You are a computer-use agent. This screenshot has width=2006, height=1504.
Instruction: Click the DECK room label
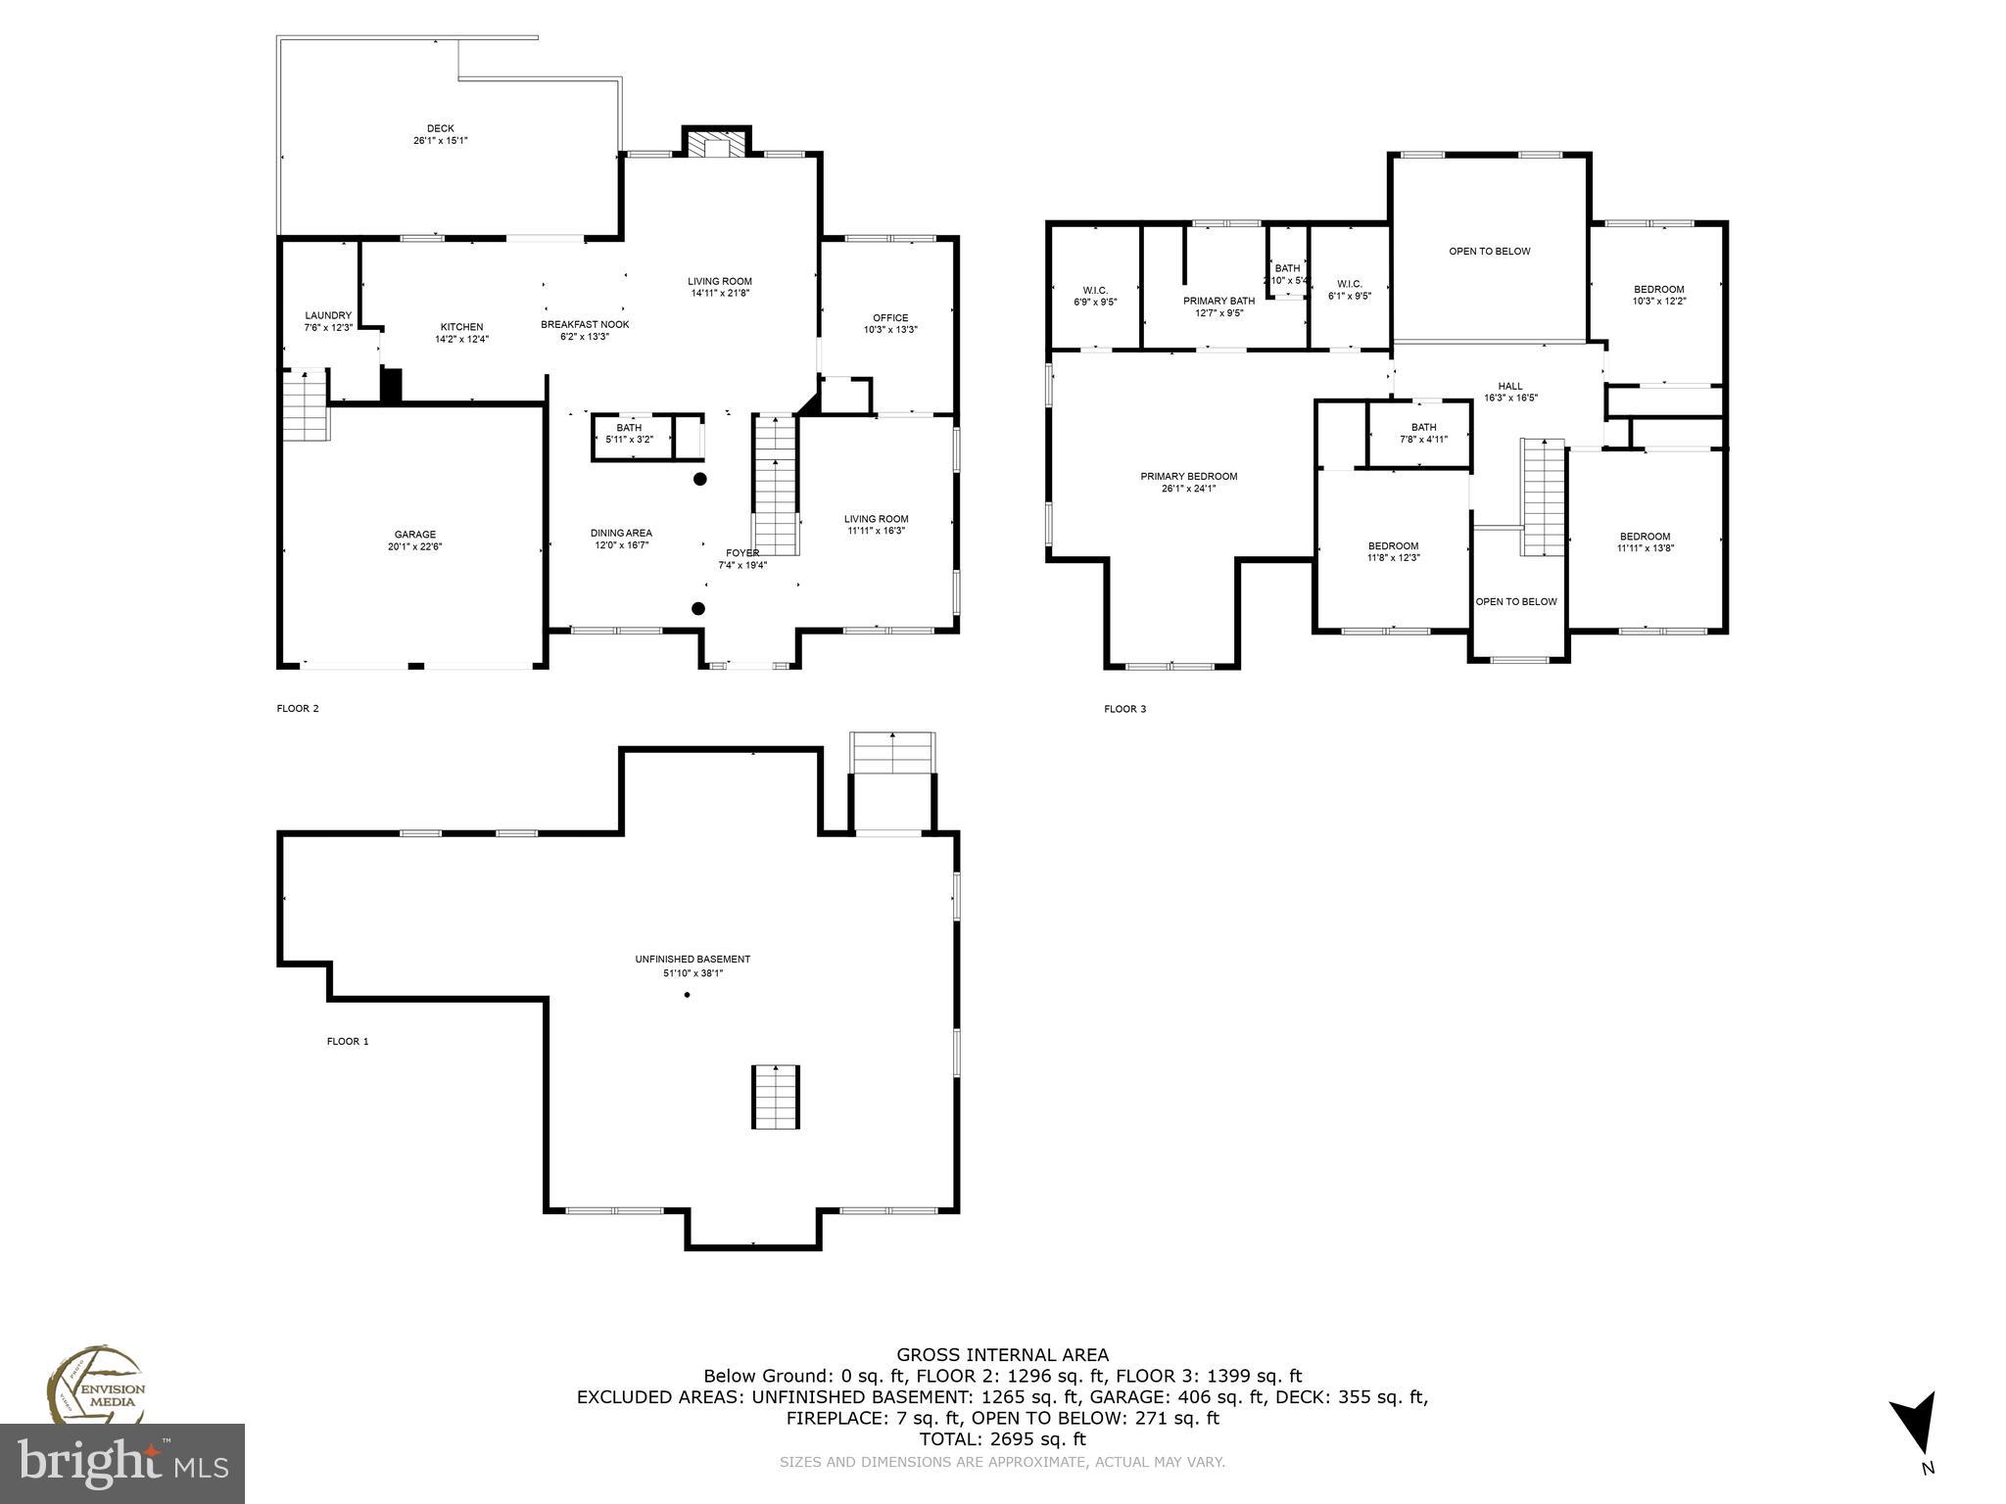pos(440,128)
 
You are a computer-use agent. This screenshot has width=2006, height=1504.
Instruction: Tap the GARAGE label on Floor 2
pos(415,535)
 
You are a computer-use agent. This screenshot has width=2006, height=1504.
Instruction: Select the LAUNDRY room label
pos(328,315)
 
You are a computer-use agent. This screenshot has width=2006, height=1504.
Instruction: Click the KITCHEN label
pos(461,327)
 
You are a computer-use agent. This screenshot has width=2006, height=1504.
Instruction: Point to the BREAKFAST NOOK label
pos(585,324)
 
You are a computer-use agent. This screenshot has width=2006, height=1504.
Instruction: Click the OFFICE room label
pos(890,317)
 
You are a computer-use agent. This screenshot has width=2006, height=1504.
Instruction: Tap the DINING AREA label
pos(621,533)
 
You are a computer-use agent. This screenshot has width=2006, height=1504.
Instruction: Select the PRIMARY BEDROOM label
pos(1188,477)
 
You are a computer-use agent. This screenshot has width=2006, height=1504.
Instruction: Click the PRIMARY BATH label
pos(1218,302)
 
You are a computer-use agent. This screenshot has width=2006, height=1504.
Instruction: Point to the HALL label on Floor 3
pos(1510,386)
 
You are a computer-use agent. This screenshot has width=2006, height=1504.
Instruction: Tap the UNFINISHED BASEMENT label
pos(693,960)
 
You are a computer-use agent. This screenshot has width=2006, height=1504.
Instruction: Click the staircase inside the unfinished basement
pos(776,1097)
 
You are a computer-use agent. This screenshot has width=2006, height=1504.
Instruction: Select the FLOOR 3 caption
pos(1124,709)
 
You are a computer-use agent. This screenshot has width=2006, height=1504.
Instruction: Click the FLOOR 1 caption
pos(348,1041)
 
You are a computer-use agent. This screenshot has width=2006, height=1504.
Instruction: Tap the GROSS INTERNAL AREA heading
pos(1003,1355)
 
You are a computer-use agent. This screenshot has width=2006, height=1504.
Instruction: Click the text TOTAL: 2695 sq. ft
pos(1003,1439)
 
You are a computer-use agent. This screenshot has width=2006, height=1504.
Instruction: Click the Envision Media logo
pos(94,1386)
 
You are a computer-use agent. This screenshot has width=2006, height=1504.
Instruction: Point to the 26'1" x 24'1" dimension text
pos(1188,489)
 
